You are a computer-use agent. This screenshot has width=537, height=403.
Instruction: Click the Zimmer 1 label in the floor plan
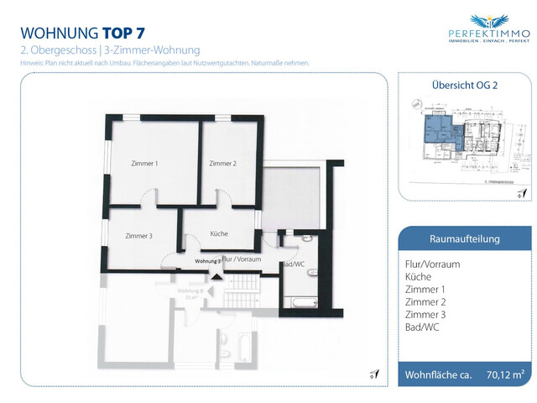tap(144, 164)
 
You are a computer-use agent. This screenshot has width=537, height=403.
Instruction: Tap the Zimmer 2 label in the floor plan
tap(222, 164)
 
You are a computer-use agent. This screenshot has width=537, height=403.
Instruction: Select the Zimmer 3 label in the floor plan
tap(138, 236)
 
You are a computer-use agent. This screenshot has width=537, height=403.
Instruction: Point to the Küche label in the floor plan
tap(219, 233)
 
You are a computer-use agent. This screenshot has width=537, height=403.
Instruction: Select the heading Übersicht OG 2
tap(464, 86)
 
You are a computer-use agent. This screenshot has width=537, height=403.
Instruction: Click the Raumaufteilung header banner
tap(464, 238)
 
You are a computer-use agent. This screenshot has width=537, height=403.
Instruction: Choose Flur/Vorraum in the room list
tap(432, 264)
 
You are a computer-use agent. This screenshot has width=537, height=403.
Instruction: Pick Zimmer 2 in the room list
tap(424, 301)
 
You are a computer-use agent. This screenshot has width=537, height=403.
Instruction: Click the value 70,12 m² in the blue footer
tap(505, 374)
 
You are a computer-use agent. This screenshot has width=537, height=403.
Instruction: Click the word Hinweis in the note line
tap(31, 63)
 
